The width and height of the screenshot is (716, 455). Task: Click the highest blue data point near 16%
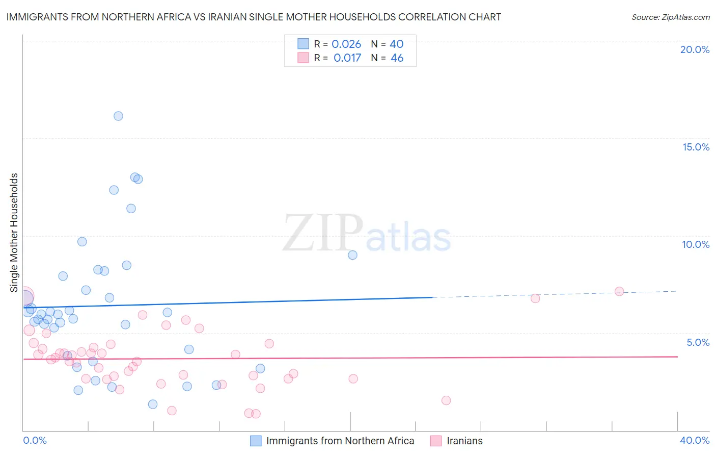click(118, 116)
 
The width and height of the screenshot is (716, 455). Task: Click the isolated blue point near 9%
click(352, 255)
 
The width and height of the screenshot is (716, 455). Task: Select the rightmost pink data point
click(619, 291)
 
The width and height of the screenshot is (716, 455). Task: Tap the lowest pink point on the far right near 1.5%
click(446, 400)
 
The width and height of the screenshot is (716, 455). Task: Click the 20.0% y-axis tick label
click(695, 49)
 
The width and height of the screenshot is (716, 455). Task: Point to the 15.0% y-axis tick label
click(696, 147)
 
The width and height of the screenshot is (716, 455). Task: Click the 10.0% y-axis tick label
click(696, 244)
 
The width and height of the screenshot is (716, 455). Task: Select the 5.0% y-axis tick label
click(698, 342)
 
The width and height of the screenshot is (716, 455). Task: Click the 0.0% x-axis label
click(35, 440)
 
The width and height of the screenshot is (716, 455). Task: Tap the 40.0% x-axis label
click(694, 440)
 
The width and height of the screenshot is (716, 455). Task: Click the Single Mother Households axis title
click(14, 233)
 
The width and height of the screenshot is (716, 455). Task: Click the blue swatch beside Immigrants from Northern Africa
click(256, 441)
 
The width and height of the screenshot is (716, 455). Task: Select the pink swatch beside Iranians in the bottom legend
click(436, 441)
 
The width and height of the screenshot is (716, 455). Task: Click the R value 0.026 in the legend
click(346, 44)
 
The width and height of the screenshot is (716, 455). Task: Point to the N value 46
click(397, 58)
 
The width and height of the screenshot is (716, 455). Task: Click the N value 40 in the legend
click(396, 44)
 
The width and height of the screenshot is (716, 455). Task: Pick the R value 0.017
click(347, 58)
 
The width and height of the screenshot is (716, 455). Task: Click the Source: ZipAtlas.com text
click(670, 17)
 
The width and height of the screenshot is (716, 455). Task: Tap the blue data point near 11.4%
click(131, 208)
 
